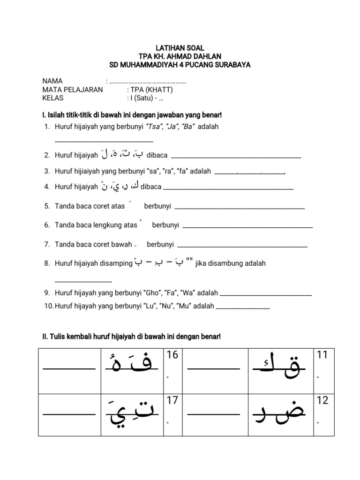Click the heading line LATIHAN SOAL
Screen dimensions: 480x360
[x=180, y=48]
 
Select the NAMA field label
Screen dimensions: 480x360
[x=52, y=81]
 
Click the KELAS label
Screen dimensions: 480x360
[x=52, y=98]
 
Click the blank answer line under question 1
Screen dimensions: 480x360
[x=104, y=141]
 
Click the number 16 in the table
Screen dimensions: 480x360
[x=172, y=355]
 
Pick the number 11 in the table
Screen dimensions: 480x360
[x=322, y=355]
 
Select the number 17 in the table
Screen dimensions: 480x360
[x=172, y=401]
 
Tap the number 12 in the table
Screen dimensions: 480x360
[x=322, y=401]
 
